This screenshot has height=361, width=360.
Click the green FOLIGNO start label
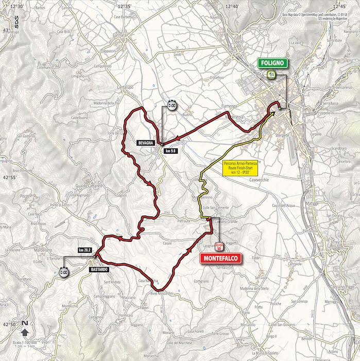(273, 63)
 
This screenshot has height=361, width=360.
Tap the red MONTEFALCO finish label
(220, 258)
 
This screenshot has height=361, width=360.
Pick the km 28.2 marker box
(85, 250)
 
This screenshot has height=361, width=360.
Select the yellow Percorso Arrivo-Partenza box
(241, 168)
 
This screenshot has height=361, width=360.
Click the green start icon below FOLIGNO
(271, 75)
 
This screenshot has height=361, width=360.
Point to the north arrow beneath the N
(25, 332)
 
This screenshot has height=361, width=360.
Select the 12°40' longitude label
(232, 6)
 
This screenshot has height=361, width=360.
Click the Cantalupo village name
(125, 87)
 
